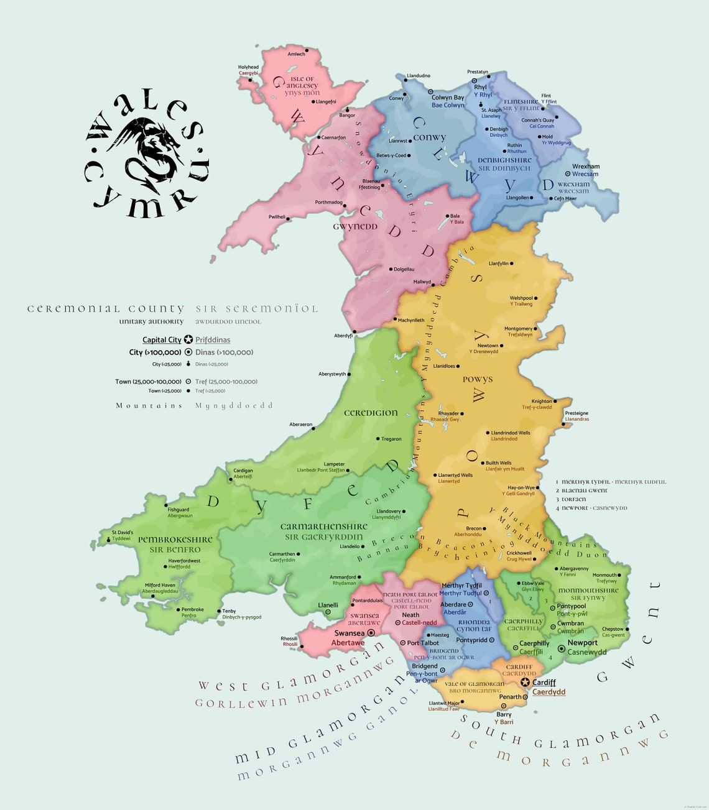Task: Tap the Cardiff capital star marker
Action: [525, 683]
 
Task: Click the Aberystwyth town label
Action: [332, 374]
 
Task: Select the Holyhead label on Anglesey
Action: [248, 67]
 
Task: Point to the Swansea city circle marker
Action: [371, 632]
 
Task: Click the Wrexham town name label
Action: [586, 167]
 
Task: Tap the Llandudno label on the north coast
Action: [418, 76]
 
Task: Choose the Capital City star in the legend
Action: [188, 339]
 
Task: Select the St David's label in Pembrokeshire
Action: [122, 532]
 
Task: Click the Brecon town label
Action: [474, 528]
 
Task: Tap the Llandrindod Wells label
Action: [511, 433]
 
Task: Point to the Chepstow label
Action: [613, 629]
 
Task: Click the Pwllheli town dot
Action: [288, 217]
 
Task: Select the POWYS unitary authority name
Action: [478, 379]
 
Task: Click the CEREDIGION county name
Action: [371, 413]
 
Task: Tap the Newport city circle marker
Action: [562, 648]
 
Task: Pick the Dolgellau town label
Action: [404, 269]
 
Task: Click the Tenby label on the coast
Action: [229, 611]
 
